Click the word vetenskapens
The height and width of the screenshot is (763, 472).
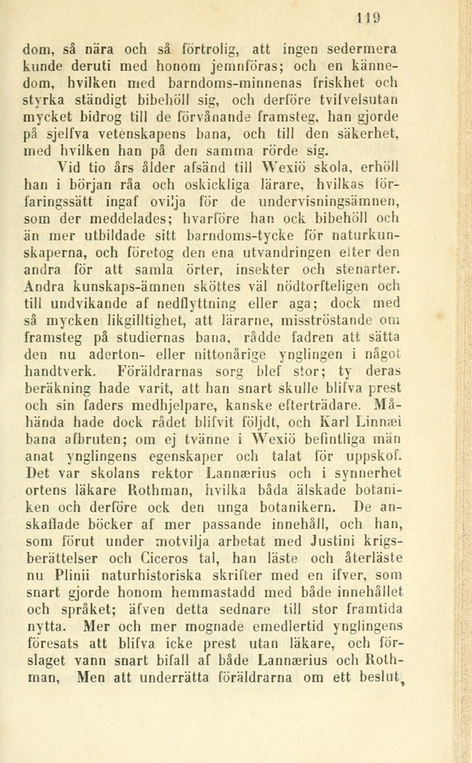tap(139, 134)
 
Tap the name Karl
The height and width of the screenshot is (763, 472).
tap(334, 422)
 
